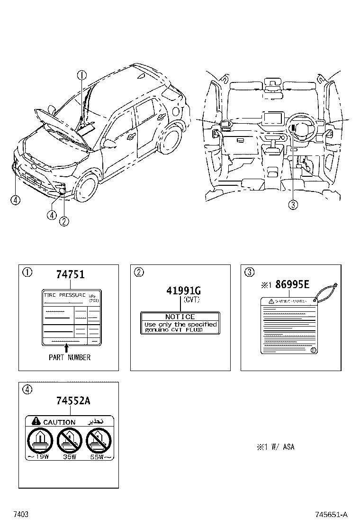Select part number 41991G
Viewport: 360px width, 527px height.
(x=183, y=290)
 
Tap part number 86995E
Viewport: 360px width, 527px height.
(x=292, y=285)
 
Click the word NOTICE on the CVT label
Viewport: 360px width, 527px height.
(x=180, y=317)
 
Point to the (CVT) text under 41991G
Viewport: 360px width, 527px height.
(x=191, y=300)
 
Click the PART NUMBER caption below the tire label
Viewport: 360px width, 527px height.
(x=70, y=357)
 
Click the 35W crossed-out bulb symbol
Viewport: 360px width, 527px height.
(x=69, y=441)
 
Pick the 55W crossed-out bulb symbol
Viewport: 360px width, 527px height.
(x=99, y=441)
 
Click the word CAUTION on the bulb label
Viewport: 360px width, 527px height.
(x=59, y=422)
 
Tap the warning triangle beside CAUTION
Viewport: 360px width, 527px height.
(x=36, y=421)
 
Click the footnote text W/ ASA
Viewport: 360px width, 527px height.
(x=282, y=447)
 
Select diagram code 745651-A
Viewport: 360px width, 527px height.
(x=332, y=515)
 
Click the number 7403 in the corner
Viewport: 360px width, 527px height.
(x=21, y=515)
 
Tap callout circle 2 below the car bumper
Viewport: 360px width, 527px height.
(x=64, y=220)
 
